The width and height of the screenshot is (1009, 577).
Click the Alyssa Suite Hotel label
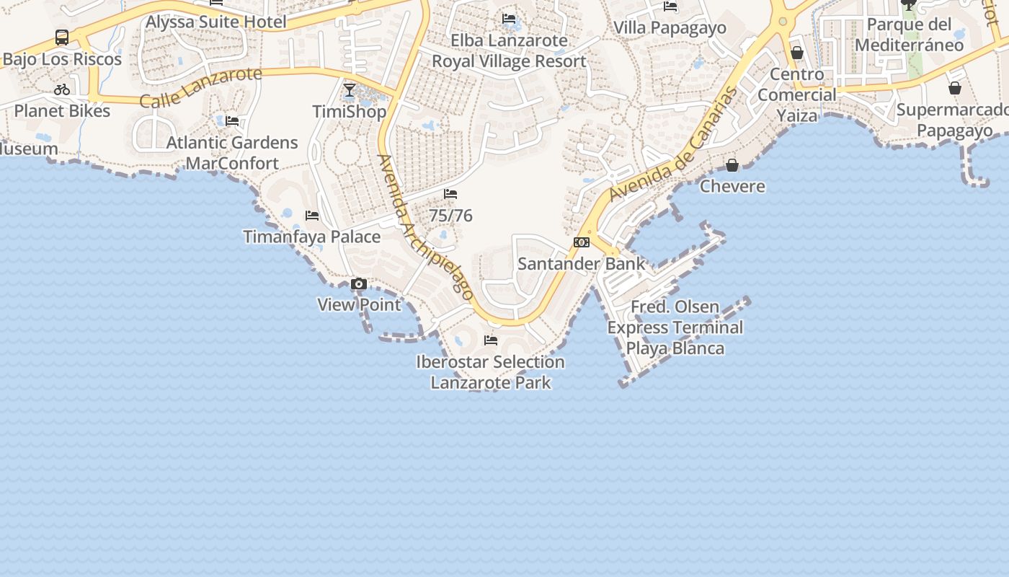pyautogui.click(x=215, y=22)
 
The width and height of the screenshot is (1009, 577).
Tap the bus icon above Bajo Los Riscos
pyautogui.click(x=62, y=38)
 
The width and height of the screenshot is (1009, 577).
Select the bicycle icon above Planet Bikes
pyautogui.click(x=62, y=90)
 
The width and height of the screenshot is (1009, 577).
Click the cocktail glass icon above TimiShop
pyautogui.click(x=350, y=90)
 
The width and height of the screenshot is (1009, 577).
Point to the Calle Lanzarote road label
pyautogui.click(x=200, y=87)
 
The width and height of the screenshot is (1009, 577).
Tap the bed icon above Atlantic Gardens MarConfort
pyautogui.click(x=232, y=121)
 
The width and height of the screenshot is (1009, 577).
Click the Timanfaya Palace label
pyautogui.click(x=311, y=237)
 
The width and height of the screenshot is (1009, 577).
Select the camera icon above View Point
pyautogui.click(x=359, y=284)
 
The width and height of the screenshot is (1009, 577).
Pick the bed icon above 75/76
pyautogui.click(x=450, y=194)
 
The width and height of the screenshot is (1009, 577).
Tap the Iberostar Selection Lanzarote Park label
pyautogui.click(x=491, y=371)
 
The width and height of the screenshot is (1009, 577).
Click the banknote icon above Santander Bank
pyautogui.click(x=582, y=242)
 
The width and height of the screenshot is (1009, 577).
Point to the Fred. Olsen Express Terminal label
pyautogui.click(x=675, y=327)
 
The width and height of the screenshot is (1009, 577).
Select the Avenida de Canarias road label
pyautogui.click(x=674, y=144)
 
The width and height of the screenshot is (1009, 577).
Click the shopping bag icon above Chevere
pyautogui.click(x=732, y=166)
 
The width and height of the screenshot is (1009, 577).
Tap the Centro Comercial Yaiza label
pyautogui.click(x=797, y=94)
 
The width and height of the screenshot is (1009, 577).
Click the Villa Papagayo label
pyautogui.click(x=670, y=27)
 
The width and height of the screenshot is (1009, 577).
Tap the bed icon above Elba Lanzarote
pyautogui.click(x=509, y=19)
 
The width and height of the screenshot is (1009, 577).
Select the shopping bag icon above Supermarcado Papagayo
pyautogui.click(x=955, y=89)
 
